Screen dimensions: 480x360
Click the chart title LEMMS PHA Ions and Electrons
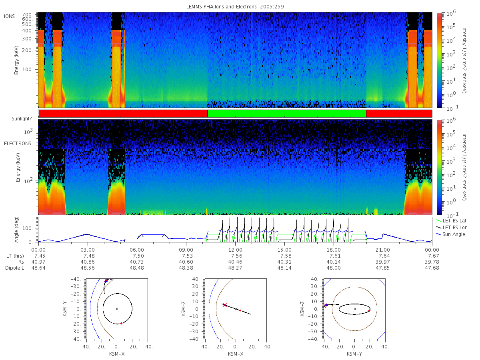(221, 7)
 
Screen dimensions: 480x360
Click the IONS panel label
(9, 16)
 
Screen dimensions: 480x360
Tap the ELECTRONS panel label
(18, 143)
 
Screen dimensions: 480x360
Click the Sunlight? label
(22, 119)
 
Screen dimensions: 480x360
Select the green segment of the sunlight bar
(287, 114)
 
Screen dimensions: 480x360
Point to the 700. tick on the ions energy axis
(27, 15)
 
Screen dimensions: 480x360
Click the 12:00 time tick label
(235, 250)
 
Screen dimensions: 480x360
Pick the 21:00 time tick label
(383, 250)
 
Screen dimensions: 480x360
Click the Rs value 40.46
(235, 262)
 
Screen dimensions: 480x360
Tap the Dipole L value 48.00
(334, 268)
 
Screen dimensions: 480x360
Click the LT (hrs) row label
(15, 256)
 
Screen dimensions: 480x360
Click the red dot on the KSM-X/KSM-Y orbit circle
(121, 323)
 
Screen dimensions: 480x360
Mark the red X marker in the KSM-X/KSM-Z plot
(224, 305)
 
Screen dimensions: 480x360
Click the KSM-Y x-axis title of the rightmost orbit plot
(354, 354)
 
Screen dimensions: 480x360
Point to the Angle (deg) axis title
(16, 230)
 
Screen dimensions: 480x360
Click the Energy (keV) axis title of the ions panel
(16, 60)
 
